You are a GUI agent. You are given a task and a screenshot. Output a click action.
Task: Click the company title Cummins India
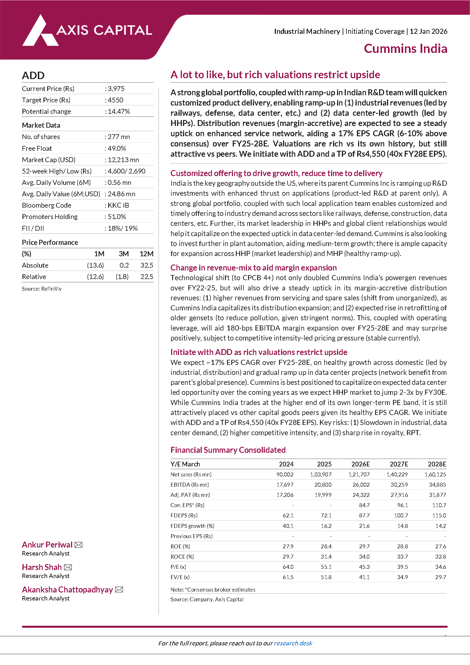[405, 49]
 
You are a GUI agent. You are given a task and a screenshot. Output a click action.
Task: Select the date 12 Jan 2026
[428, 31]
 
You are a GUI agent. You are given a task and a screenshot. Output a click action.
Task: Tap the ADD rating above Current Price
[33, 75]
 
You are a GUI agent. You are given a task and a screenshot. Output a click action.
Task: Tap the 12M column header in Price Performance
[146, 254]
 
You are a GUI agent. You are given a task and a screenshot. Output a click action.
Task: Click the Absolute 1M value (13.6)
[95, 265]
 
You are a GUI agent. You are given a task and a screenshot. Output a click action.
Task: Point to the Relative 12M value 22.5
[147, 277]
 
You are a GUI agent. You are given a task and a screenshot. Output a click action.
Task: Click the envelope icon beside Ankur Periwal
[78, 545]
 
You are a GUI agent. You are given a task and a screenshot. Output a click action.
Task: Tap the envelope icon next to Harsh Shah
[68, 567]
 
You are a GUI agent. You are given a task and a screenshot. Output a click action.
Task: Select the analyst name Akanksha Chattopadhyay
[67, 590]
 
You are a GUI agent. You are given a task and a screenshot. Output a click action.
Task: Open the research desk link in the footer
[293, 643]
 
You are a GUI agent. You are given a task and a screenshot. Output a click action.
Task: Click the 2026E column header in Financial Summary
[360, 464]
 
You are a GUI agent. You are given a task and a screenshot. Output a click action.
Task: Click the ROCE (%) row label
[182, 557]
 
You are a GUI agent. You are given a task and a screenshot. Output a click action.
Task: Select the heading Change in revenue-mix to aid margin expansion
[253, 268]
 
